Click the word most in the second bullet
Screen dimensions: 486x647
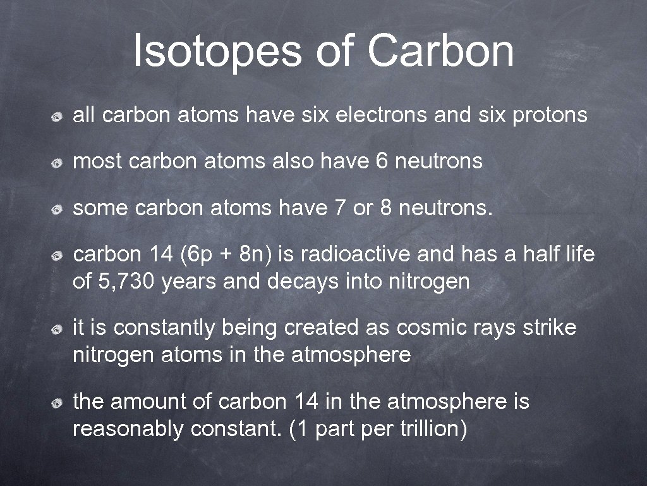coord(97,161)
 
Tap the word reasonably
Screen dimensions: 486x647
coord(128,429)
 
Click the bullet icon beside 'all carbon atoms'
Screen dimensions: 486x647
coord(57,116)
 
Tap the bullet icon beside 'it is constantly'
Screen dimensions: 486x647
coord(57,329)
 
